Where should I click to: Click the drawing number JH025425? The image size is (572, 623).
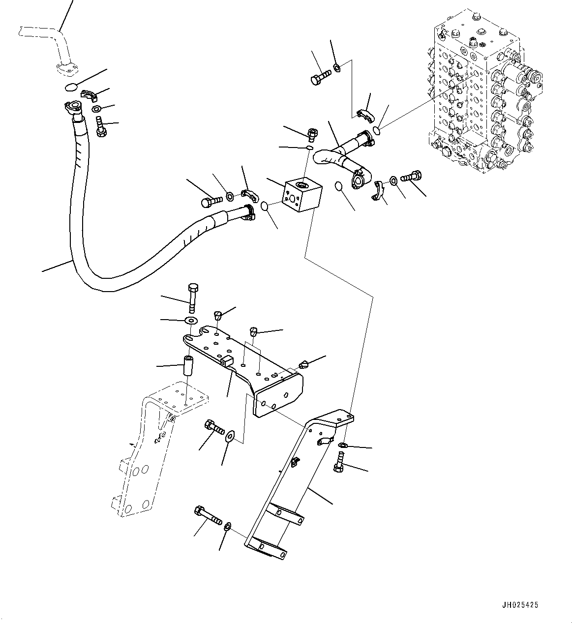pos(520,605)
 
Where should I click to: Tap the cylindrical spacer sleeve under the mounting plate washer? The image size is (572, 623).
pos(189,367)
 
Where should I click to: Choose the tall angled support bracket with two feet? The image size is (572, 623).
pos(295,487)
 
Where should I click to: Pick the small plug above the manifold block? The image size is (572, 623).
pos(312,133)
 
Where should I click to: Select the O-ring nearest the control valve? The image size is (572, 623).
pos(377,130)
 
